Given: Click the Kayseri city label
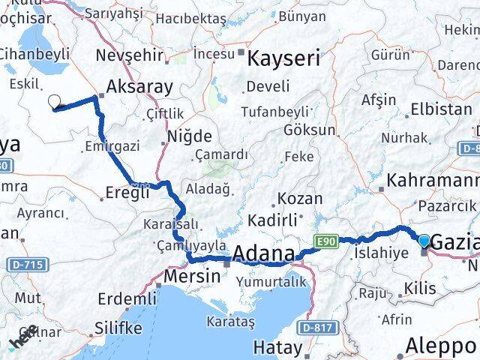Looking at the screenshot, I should pyautogui.click(x=284, y=58).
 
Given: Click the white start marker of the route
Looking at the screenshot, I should pyautogui.click(x=54, y=102).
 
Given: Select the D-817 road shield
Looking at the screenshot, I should pyautogui.click(x=315, y=328).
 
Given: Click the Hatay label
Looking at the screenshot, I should pyautogui.click(x=277, y=348).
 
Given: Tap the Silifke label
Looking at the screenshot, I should pyautogui.click(x=119, y=328).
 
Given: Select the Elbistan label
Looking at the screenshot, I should pyautogui.click(x=441, y=109).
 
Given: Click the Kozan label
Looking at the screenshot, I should pyautogui.click(x=300, y=199).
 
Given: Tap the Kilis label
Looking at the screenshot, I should pyautogui.click(x=418, y=288).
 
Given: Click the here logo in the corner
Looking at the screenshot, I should pyautogui.click(x=22, y=339).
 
